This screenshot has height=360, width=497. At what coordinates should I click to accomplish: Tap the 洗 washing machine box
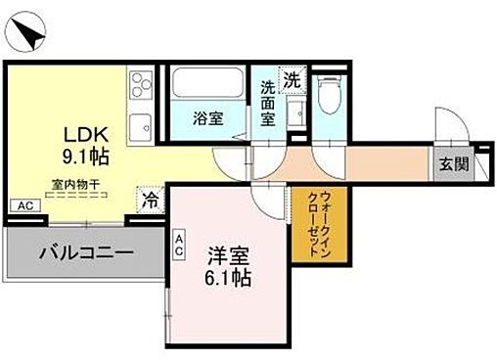click(292, 79)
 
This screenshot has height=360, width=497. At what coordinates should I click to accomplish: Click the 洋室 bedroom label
click(229, 256)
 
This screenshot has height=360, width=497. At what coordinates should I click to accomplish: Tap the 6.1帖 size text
click(229, 278)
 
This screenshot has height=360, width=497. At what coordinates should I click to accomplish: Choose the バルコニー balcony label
click(85, 253)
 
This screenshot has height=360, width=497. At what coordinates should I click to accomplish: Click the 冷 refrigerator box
click(152, 198)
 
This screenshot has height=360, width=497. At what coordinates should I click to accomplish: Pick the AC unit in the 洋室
click(181, 242)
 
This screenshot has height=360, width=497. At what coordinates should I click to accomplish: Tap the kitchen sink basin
click(141, 125)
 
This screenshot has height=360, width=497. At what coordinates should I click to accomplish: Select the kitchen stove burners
click(139, 82)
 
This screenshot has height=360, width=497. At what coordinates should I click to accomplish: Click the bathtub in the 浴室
click(206, 86)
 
